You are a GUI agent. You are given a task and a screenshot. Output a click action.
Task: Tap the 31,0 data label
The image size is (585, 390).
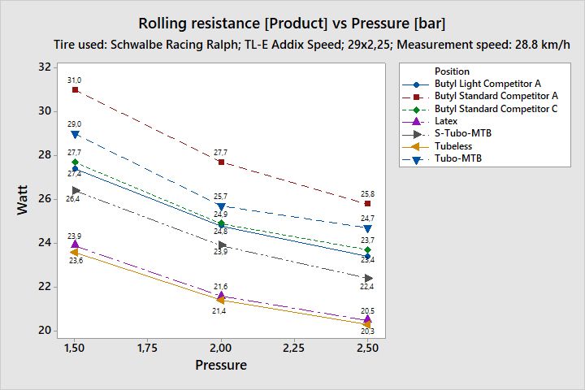tap(75, 80)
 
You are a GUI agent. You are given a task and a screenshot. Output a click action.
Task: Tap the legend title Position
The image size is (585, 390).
tap(452, 71)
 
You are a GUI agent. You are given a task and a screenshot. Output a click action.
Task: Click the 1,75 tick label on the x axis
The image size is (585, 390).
tap(147, 348)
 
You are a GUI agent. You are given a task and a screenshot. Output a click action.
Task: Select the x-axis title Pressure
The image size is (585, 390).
tap(221, 366)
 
